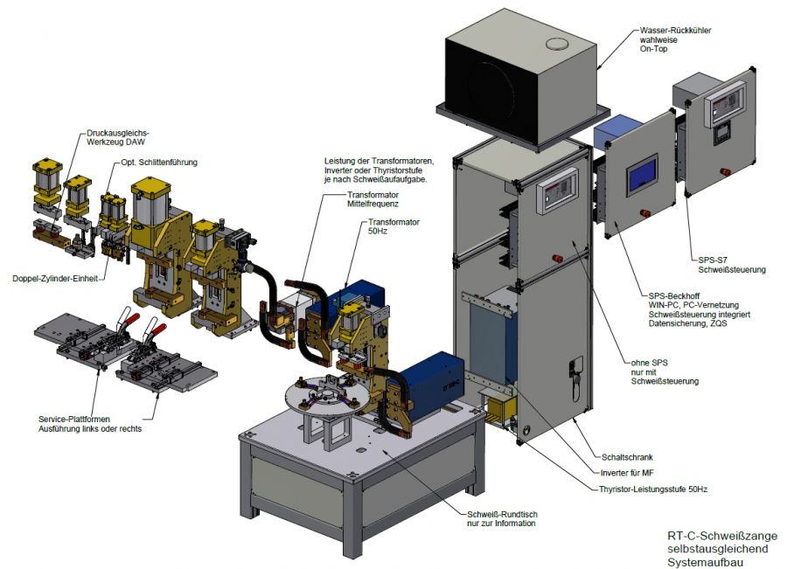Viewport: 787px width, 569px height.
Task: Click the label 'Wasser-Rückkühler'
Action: click(674, 31)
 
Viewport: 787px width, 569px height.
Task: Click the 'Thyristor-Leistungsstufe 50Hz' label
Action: click(653, 489)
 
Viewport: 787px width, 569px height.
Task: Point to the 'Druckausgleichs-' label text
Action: click(115, 134)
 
